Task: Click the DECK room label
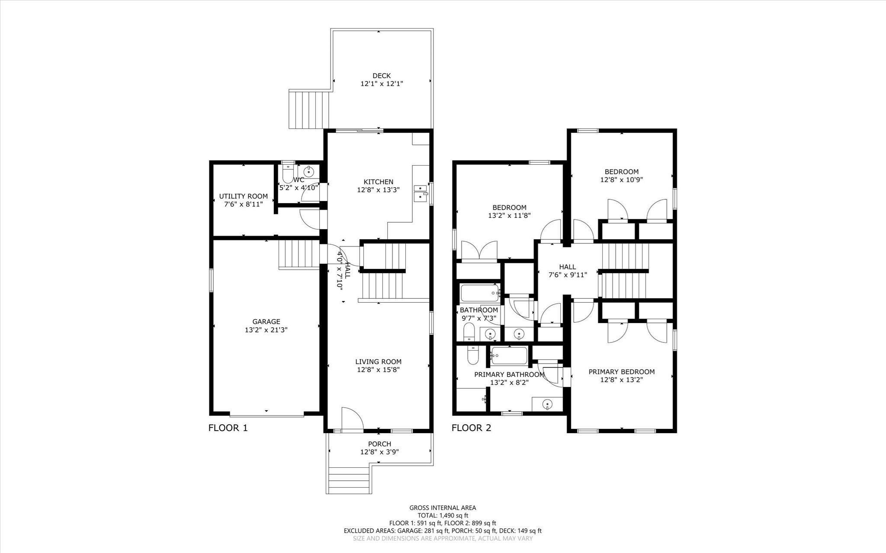click(381, 76)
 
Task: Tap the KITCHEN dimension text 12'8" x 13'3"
click(378, 190)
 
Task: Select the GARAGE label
click(266, 321)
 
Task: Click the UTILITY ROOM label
click(243, 196)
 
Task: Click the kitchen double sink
click(420, 193)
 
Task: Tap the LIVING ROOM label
click(378, 361)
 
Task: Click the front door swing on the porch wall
click(351, 419)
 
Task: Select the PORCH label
click(379, 444)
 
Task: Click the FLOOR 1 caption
click(228, 428)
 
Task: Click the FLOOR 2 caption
click(471, 428)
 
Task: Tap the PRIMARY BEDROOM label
click(621, 371)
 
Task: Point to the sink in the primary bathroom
click(547, 405)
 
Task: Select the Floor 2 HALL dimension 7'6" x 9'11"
click(567, 275)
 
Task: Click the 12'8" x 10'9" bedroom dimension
click(621, 179)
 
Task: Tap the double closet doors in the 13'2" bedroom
click(479, 251)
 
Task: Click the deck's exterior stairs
click(309, 109)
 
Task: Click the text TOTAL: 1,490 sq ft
click(443, 515)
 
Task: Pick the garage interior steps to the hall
click(299, 255)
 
